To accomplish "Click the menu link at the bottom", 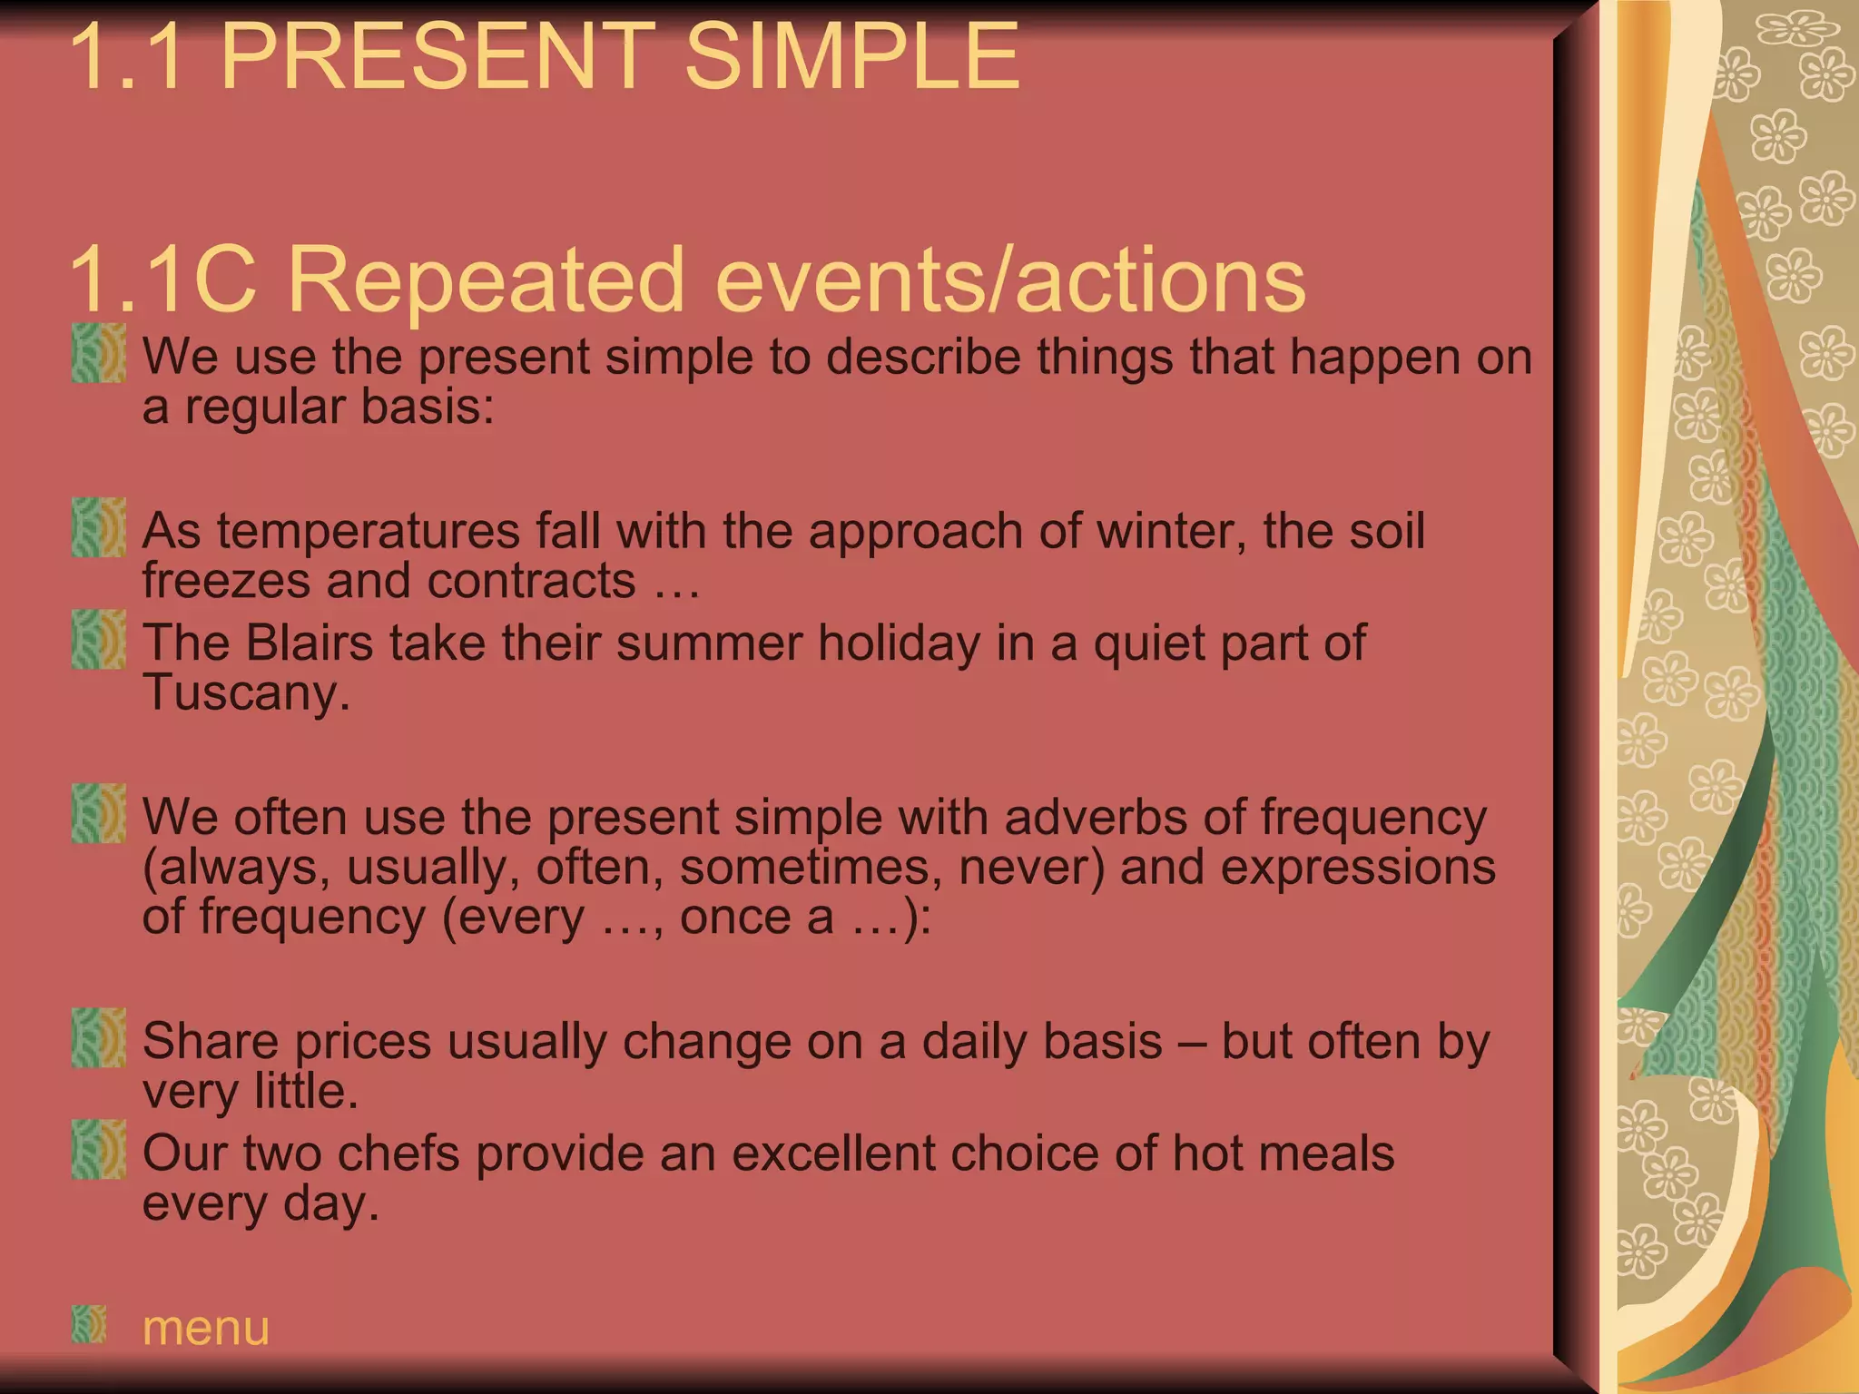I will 206,1328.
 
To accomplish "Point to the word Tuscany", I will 246,693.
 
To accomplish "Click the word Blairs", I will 310,643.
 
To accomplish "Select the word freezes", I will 226,581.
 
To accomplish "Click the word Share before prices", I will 210,1041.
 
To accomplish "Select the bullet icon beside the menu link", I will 89,1324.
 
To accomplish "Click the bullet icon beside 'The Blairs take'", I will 99,639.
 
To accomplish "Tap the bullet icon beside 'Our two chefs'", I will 99,1149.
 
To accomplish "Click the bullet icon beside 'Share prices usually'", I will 99,1037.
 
